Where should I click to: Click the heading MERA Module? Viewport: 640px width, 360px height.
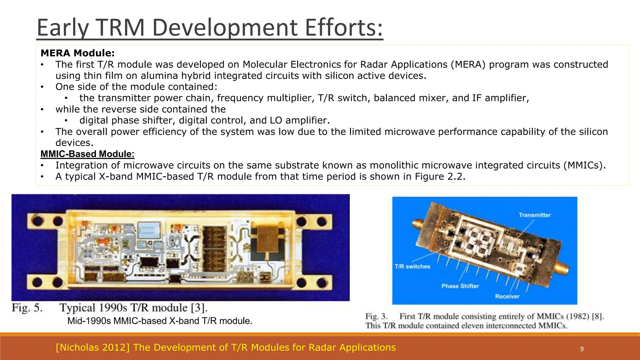click(x=77, y=53)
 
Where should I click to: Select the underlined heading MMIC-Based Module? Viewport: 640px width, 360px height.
click(x=87, y=154)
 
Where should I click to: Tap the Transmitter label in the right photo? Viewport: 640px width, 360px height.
click(x=534, y=215)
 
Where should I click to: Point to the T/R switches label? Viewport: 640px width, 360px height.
click(x=412, y=267)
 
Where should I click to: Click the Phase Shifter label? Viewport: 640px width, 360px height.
click(x=460, y=286)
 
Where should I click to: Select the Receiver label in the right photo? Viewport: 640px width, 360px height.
click(x=507, y=296)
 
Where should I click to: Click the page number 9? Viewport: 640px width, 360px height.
click(x=582, y=349)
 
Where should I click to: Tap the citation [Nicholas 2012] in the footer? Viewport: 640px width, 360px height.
click(x=92, y=347)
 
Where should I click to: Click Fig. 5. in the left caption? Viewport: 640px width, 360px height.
click(x=27, y=308)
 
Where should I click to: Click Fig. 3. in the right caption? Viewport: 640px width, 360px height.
click(x=376, y=317)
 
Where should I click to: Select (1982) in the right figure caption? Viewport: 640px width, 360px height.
click(x=579, y=317)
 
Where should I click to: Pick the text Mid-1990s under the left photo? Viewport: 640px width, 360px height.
click(x=89, y=321)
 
